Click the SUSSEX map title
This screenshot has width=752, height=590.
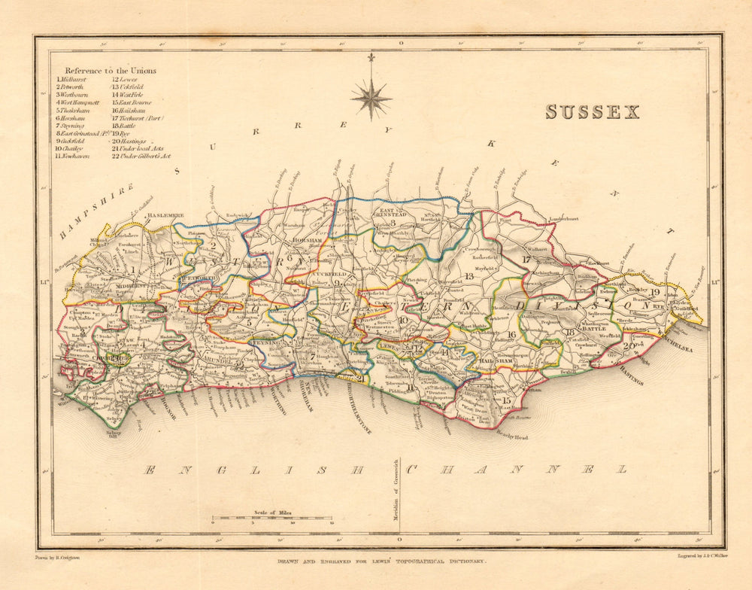(593, 112)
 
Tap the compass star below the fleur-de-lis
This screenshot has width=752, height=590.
(371, 99)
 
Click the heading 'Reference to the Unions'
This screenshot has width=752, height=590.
(111, 71)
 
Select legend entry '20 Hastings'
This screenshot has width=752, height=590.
(130, 141)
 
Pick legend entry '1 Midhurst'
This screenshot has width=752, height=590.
(71, 79)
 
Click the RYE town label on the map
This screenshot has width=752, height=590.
(660, 307)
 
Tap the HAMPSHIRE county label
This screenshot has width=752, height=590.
(97, 210)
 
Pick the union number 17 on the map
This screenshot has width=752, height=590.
(526, 260)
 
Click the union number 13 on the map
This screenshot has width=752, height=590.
(469, 277)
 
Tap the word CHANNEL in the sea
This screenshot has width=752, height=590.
(517, 470)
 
